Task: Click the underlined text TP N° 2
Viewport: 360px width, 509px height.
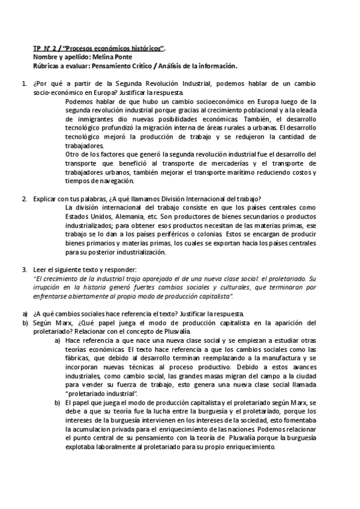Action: coord(45,48)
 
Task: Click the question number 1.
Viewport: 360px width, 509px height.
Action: coord(23,83)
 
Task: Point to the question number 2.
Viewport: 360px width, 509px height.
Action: coord(23,199)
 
